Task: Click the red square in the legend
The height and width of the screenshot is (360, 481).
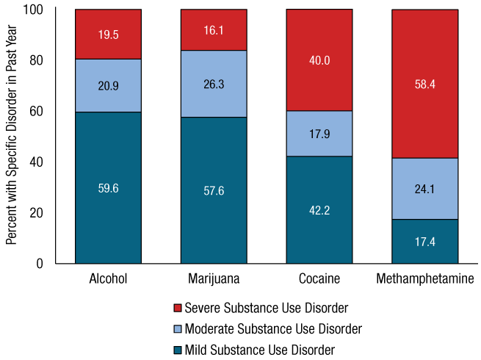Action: (178, 308)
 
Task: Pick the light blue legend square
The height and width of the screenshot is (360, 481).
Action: (178, 329)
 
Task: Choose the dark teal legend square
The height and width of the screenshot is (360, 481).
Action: (178, 350)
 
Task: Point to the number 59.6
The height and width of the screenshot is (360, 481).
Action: (108, 188)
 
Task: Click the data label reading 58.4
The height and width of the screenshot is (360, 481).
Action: (425, 84)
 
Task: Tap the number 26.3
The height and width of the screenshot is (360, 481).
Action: (214, 84)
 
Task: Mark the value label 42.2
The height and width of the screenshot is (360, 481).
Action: (319, 210)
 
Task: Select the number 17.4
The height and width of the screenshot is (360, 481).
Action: (425, 241)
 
